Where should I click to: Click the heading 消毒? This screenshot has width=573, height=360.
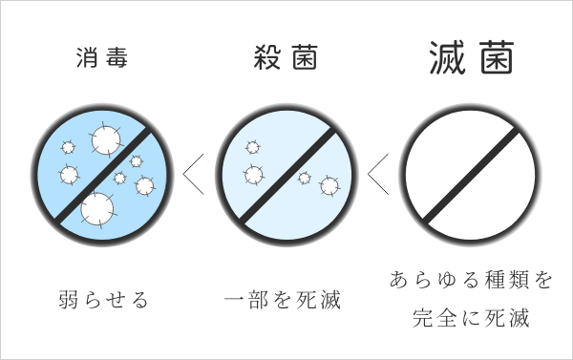(101, 56)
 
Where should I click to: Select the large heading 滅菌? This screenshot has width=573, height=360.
(467, 56)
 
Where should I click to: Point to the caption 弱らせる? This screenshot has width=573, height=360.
(102, 301)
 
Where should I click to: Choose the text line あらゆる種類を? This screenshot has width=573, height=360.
(471, 281)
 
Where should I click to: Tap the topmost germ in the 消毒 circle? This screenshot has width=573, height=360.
(104, 140)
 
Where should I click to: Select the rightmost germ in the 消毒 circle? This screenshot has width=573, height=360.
(144, 185)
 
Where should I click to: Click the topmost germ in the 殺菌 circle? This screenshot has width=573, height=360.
(252, 147)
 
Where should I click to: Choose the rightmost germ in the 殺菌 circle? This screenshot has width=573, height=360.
(329, 184)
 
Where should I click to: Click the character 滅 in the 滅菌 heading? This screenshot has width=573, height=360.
(444, 56)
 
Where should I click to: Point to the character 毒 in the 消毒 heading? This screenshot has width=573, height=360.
(117, 56)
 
